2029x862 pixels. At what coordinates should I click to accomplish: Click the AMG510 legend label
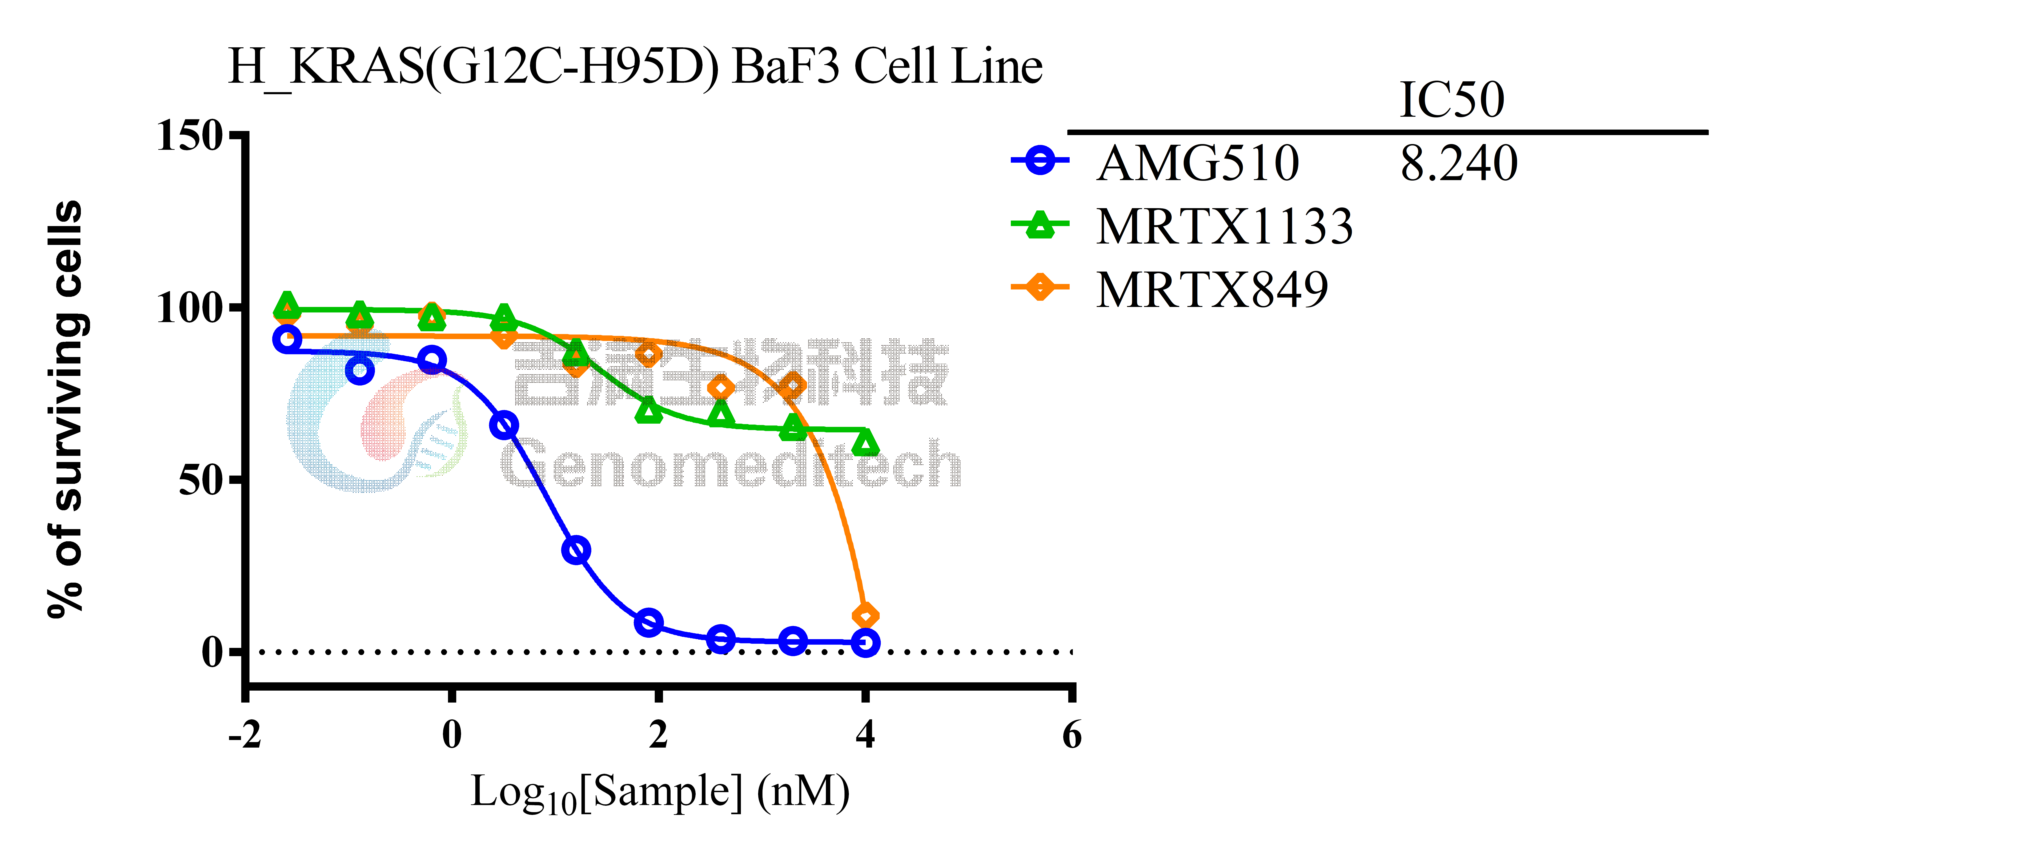pyautogui.click(x=1197, y=164)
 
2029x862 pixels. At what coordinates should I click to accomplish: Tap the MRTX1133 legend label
pyautogui.click(x=1224, y=227)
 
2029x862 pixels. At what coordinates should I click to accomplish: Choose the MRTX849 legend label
pyautogui.click(x=1211, y=289)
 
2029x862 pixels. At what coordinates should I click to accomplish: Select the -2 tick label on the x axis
pyautogui.click(x=245, y=735)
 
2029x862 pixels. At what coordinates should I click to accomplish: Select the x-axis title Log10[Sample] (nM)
pyautogui.click(x=660, y=793)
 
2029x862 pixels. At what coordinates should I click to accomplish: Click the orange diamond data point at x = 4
pyautogui.click(x=866, y=615)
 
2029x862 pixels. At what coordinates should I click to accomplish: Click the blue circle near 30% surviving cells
pyautogui.click(x=577, y=550)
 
